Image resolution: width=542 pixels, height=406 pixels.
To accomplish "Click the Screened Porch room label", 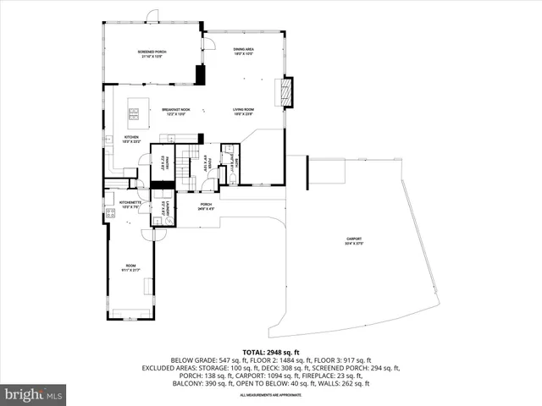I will (x=152, y=54).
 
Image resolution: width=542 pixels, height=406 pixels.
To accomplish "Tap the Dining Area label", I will (x=244, y=52).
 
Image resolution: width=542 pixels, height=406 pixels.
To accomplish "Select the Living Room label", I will (x=244, y=111).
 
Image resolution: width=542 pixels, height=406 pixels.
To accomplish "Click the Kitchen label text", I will (x=131, y=139).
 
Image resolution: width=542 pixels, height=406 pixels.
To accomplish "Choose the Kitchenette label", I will (x=130, y=204).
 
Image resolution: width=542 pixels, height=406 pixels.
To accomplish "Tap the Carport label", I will (x=353, y=241).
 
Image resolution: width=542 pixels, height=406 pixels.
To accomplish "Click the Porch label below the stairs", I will (x=206, y=206).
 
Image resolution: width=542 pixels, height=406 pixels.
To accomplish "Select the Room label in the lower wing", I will (x=130, y=267).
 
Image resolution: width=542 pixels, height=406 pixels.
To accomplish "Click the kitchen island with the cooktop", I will (x=134, y=111).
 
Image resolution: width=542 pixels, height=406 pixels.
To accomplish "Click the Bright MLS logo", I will (x=34, y=394).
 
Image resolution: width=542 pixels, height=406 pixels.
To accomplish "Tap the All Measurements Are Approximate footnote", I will (x=270, y=395).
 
